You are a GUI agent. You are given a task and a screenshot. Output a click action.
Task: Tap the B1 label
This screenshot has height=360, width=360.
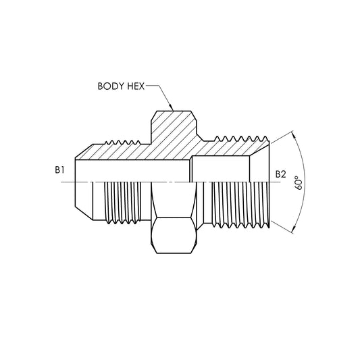point(60,171)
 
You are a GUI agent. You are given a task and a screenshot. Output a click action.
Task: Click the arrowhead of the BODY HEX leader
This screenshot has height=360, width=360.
point(172,109)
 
